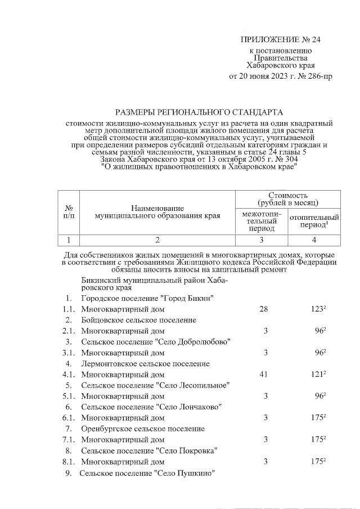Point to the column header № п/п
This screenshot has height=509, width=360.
click(69, 211)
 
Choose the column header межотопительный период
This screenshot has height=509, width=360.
click(260, 221)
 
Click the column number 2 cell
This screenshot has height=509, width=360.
click(157, 240)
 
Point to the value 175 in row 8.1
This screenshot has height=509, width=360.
click(318, 462)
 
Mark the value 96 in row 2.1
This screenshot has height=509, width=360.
click(319, 331)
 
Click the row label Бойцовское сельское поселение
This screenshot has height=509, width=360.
click(138, 320)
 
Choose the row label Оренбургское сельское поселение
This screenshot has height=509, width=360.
click(142, 429)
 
